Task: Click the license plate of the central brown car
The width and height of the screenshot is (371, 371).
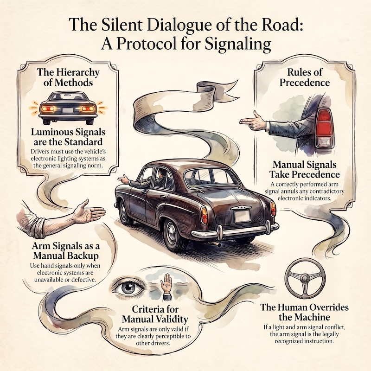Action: tap(242, 216)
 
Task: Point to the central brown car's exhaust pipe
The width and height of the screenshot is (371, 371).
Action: tap(215, 244)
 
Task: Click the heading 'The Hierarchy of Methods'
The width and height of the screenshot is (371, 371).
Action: tap(68, 77)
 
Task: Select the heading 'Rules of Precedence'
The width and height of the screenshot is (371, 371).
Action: tap(304, 77)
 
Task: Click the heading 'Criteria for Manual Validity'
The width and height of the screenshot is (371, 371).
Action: tap(155, 314)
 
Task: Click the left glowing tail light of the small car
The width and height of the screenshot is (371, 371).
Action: tap(48, 109)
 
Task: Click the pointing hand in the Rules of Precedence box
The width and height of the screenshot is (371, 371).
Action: tap(253, 121)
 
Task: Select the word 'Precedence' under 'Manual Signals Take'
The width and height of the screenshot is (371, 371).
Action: tap(316, 175)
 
